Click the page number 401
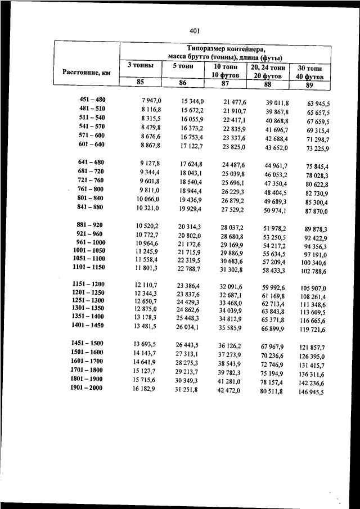coord(195,31)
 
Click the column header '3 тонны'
coord(140,65)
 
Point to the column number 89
coord(309,85)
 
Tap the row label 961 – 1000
coord(90,242)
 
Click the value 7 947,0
coord(151,100)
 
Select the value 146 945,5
coord(311,392)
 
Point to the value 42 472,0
coord(228,389)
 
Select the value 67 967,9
coord(272,346)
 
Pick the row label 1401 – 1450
coord(88,325)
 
